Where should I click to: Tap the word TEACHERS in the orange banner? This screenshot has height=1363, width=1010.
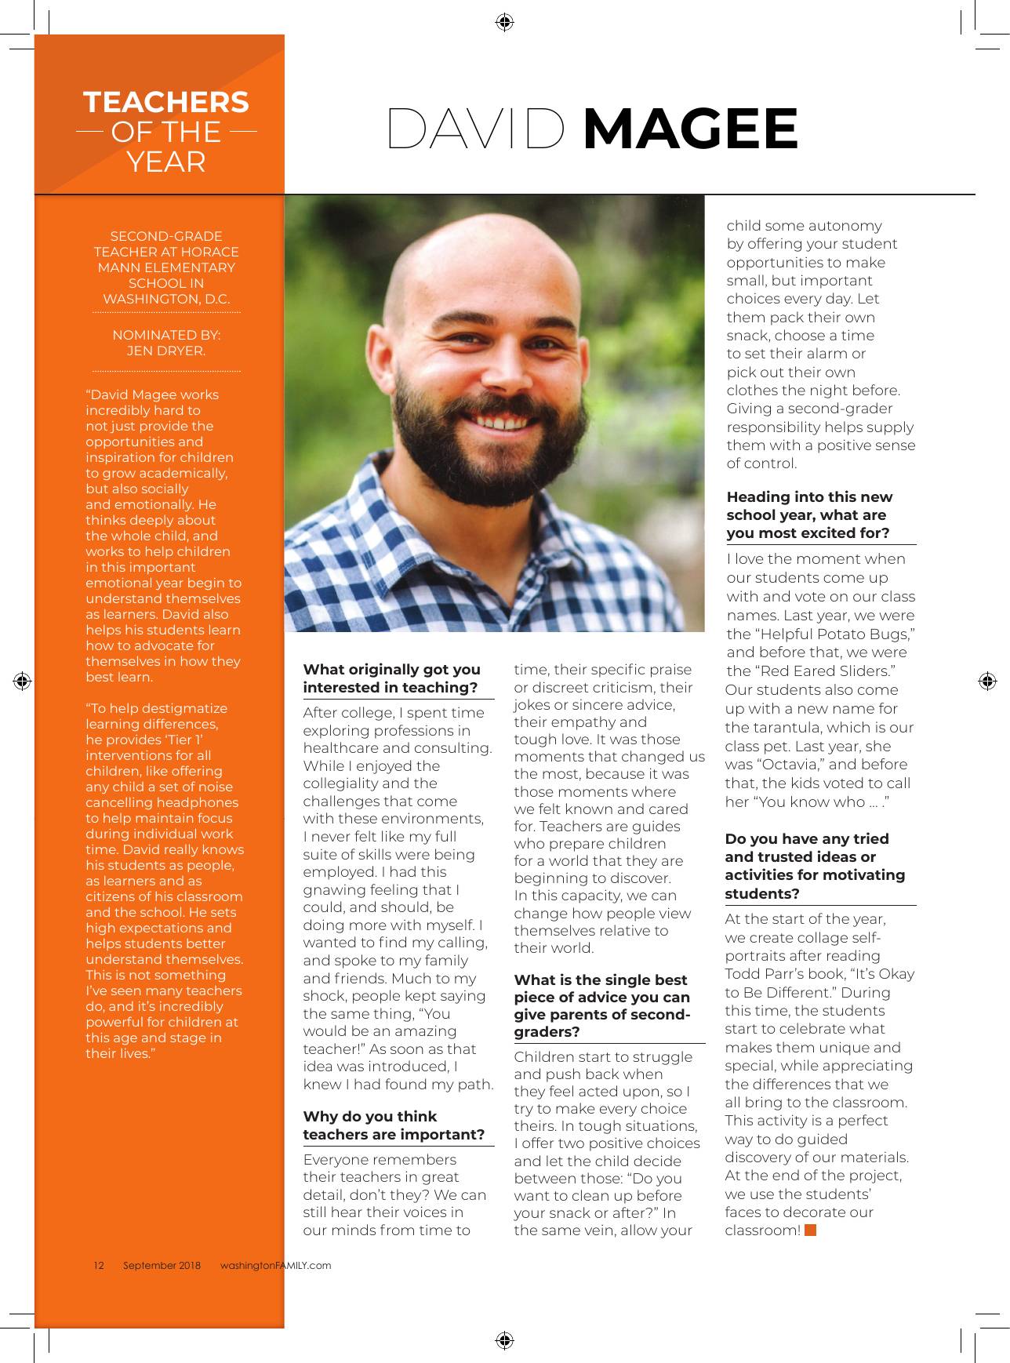pyautogui.click(x=166, y=103)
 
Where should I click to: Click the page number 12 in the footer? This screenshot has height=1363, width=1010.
pyautogui.click(x=99, y=1265)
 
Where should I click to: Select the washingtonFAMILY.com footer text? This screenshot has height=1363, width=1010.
pyautogui.click(x=275, y=1265)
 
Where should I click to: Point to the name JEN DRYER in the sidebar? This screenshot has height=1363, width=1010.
pyautogui.click(x=166, y=351)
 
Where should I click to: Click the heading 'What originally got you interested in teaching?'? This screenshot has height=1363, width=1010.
pyautogui.click(x=392, y=678)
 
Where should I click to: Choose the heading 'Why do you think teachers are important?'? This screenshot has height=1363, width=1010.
pyautogui.click(x=394, y=1125)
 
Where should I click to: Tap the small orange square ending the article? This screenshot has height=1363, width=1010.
pyautogui.click(x=811, y=1230)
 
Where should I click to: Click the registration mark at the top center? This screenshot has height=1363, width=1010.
pyautogui.click(x=505, y=22)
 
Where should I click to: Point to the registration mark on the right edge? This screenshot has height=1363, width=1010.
pyautogui.click(x=987, y=681)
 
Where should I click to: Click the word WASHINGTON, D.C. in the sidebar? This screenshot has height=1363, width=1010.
pyautogui.click(x=166, y=299)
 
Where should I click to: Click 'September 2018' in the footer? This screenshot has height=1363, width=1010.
pyautogui.click(x=162, y=1265)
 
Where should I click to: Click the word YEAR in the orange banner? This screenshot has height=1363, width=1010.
pyautogui.click(x=166, y=162)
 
